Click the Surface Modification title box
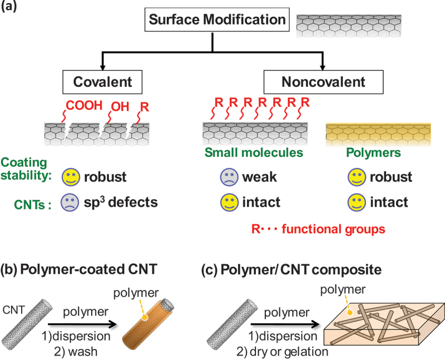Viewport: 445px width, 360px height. click(217, 19)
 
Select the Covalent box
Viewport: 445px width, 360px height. click(102, 82)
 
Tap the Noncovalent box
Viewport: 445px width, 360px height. click(323, 82)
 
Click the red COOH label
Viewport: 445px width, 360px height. click(84, 105)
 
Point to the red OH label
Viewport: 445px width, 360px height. click(120, 107)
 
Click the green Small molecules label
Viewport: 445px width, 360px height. click(254, 152)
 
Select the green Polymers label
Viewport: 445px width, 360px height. click(373, 153)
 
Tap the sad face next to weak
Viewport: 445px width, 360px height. click(229, 177)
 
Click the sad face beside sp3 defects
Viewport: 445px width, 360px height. click(70, 203)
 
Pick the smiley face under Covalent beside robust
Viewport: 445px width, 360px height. click(71, 177)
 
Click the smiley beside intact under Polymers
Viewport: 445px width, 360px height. click(357, 203)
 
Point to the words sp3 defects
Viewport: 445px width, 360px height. click(121, 202)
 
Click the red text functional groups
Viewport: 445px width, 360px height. click(333, 229)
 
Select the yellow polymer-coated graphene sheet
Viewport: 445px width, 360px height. click(378, 135)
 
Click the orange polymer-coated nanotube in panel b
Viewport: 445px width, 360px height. click(148, 324)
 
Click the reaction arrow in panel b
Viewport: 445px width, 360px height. click(82, 324)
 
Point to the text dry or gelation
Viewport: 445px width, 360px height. click(289, 352)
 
